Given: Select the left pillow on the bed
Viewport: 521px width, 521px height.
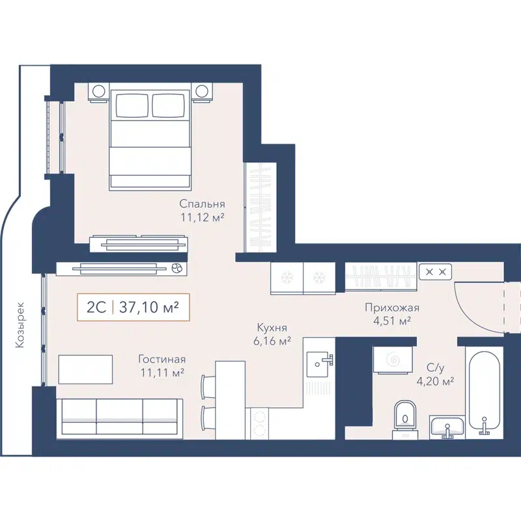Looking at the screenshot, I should (132, 105).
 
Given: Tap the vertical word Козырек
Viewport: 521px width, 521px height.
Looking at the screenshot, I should (21, 324).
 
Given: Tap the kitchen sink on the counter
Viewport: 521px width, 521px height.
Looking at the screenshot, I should (319, 362).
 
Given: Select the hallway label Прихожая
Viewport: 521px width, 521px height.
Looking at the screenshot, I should (391, 308).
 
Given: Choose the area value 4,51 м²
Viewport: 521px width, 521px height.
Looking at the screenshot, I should (391, 320).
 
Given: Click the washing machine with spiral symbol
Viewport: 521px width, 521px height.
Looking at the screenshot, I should (393, 360).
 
